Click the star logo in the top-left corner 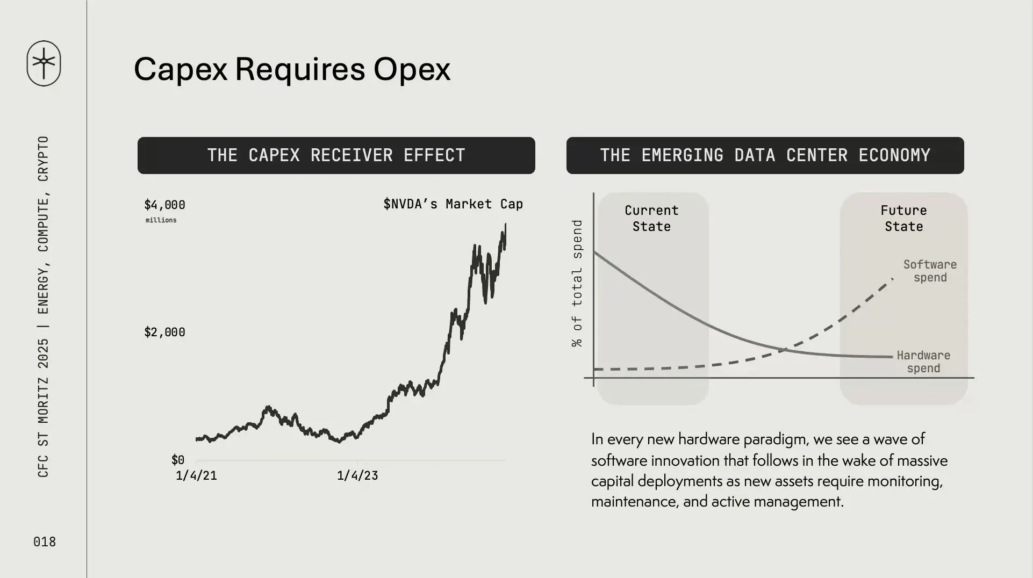(44, 63)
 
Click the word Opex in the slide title (412, 69)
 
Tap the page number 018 (45, 541)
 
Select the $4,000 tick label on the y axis (164, 205)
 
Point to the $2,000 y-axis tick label (164, 332)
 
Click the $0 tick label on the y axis (178, 460)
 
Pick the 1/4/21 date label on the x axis (196, 475)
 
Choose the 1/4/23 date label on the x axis (357, 475)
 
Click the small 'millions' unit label (161, 220)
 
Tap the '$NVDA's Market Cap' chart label (453, 204)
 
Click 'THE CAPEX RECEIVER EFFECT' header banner (336, 155)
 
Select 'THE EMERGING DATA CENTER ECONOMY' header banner (765, 155)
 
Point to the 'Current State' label (651, 218)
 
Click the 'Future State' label (904, 218)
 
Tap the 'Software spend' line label (930, 271)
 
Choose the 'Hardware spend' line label (923, 362)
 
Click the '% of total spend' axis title (577, 283)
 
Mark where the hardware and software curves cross (784, 350)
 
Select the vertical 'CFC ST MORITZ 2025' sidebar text (44, 408)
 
